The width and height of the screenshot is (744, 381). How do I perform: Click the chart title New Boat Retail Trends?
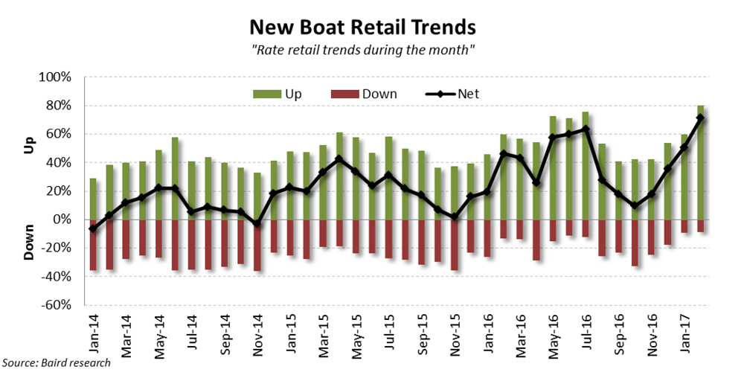tap(362, 28)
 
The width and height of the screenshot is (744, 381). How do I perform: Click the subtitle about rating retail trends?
tap(362, 50)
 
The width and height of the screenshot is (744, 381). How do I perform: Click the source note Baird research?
tap(57, 363)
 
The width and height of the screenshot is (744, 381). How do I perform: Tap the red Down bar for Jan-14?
tap(93, 245)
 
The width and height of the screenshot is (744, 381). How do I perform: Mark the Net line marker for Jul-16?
tap(586, 129)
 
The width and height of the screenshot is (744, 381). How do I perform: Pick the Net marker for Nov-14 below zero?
tap(257, 224)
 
